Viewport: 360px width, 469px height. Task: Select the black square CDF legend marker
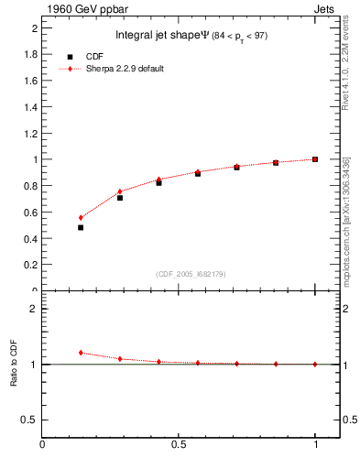[70, 56]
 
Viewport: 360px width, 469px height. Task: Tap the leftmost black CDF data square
[81, 227]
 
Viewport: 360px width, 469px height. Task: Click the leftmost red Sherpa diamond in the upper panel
[81, 218]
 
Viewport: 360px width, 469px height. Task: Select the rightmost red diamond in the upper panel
[314, 159]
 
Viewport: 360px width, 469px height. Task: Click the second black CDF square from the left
[120, 198]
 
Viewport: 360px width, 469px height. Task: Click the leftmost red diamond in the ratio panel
[81, 353]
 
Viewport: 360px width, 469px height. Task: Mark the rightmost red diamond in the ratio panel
[314, 364]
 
